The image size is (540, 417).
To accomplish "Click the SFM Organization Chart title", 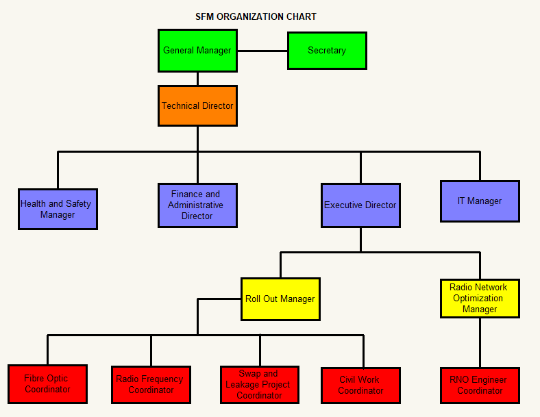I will point(256,16).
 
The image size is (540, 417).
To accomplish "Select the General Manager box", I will point(197,50).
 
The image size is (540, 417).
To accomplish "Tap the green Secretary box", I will point(327,51).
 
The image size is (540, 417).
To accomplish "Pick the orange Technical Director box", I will point(197,105).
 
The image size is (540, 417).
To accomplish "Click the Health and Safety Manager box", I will point(58,209).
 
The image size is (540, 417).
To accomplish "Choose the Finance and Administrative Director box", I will point(197,205).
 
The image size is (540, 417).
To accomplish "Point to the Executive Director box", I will point(360,205).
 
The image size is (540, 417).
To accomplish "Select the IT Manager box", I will point(480,201).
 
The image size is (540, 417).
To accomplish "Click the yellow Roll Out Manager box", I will point(280,299).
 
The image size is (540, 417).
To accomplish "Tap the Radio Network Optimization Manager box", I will point(480,298).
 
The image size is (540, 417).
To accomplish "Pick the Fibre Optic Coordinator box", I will point(48,384).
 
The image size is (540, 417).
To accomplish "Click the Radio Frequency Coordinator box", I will point(151,384).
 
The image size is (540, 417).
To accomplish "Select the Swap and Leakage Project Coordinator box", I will point(259,384).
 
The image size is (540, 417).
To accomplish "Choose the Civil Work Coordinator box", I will point(360,385).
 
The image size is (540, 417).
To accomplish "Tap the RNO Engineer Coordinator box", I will point(480,385).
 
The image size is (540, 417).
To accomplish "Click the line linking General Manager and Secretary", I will point(262,51).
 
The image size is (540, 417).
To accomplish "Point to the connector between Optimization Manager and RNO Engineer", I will point(480,342).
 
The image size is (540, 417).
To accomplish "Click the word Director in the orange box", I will point(216,105).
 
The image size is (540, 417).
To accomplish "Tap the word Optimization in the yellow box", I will point(478,298).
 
